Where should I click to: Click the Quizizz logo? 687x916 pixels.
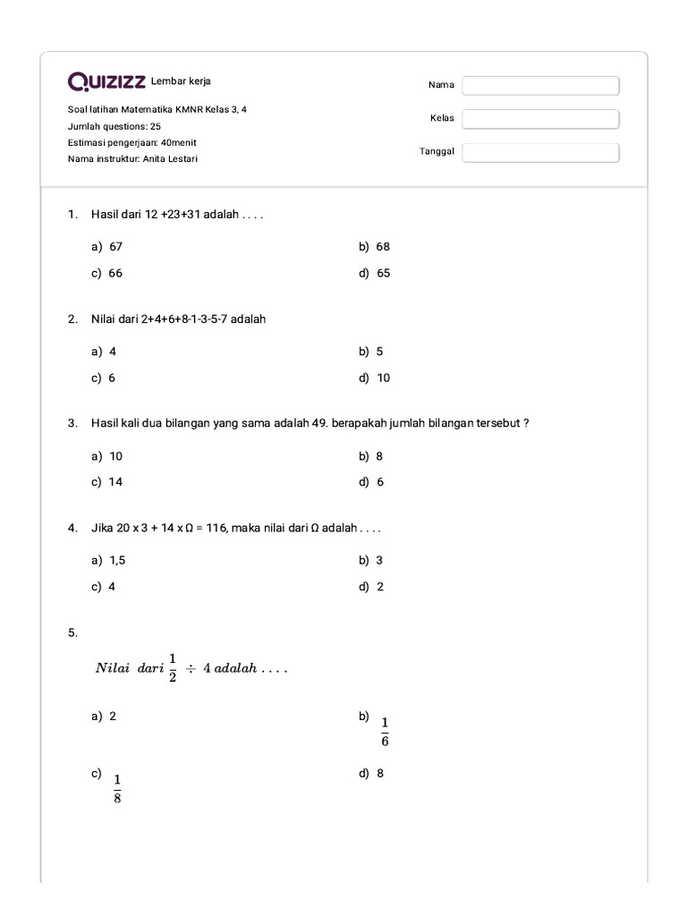106,82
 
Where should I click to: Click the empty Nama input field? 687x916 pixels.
540,85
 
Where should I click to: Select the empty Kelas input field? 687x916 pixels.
540,119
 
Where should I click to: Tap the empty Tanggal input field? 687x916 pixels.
540,152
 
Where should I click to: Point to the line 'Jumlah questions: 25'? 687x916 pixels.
114,126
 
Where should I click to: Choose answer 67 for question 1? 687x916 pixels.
115,246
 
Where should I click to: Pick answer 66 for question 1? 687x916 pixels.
115,273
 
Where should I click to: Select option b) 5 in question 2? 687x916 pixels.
379,352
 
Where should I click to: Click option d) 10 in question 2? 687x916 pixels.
383,377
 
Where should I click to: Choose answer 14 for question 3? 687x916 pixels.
115,481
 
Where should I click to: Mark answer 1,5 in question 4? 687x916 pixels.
118,560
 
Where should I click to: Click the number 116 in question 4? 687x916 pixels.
216,528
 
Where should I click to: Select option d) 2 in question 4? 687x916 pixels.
380,587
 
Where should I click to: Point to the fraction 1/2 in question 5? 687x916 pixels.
173,667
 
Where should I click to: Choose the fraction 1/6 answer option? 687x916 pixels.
385,732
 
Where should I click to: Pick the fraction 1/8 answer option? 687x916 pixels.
117,789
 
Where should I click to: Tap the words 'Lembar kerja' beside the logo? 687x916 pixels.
182,81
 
